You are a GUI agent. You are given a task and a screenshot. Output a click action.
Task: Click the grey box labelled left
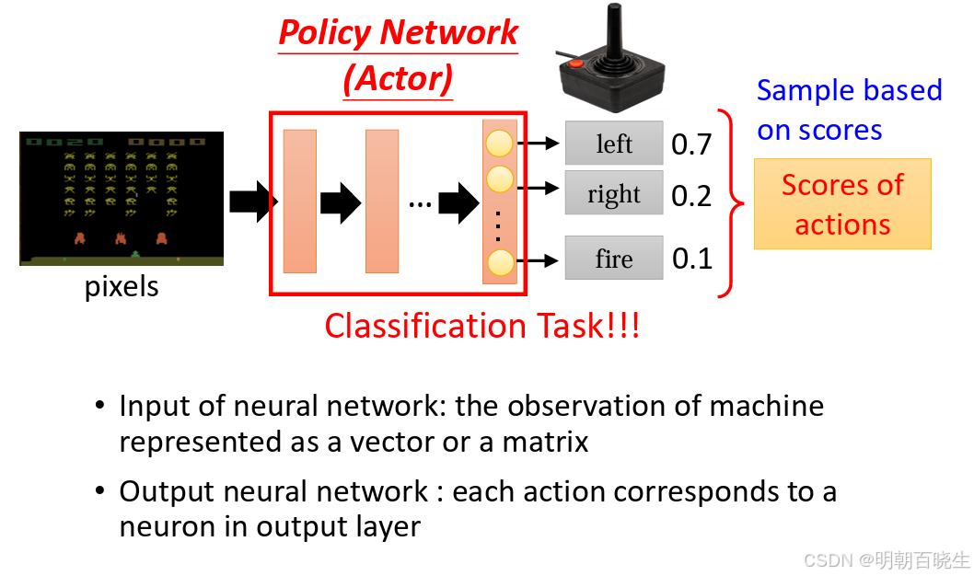(614, 143)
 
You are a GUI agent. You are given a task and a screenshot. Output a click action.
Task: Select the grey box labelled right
(614, 193)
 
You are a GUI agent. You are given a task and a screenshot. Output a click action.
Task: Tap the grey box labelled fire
(614, 258)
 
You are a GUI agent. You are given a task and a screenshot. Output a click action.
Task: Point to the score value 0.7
(691, 144)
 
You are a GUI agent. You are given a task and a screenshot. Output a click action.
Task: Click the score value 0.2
(691, 196)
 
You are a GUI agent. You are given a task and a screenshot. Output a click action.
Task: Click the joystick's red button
(575, 63)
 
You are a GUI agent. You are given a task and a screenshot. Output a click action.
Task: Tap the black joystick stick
(614, 32)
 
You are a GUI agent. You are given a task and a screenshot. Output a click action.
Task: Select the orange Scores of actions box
(842, 204)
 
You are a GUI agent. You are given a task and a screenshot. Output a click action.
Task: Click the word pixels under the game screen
(122, 287)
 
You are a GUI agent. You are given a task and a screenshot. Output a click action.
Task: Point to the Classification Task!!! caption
(482, 325)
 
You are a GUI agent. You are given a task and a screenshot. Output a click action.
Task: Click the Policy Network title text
(399, 33)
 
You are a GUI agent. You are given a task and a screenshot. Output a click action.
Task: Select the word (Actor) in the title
(399, 79)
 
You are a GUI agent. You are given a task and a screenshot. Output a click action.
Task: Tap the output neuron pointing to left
(499, 144)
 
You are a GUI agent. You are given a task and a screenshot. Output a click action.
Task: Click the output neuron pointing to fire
(500, 262)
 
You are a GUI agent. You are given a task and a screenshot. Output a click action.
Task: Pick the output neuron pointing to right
(499, 179)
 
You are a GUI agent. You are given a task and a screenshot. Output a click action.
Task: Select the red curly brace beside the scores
(731, 203)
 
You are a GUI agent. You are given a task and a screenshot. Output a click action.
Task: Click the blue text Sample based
(849, 90)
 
